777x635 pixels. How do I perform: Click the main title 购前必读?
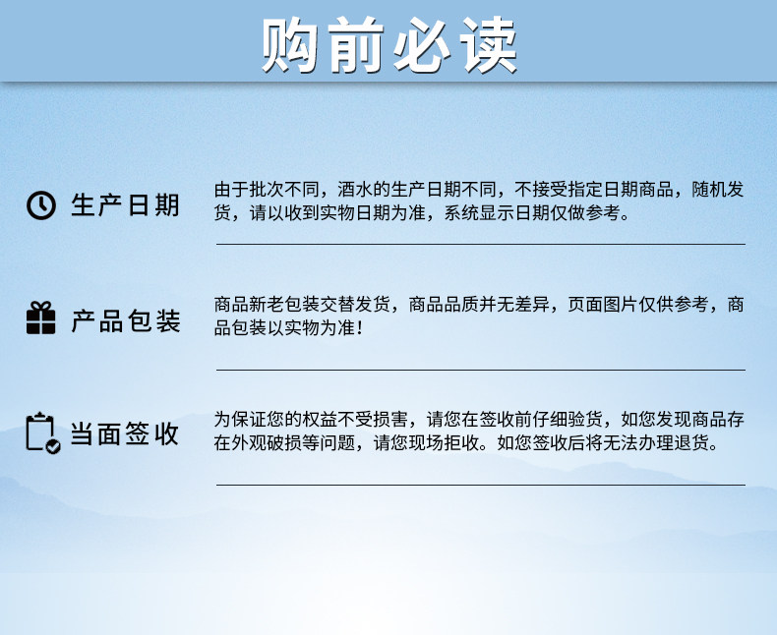coord(389,44)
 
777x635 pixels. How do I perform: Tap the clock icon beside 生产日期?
coord(40,204)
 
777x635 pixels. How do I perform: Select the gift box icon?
coord(40,317)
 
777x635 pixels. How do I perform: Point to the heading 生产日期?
coord(125,205)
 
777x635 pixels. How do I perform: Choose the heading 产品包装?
coord(125,320)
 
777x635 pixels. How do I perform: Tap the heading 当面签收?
coord(124,433)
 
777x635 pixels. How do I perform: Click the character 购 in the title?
coord(289,44)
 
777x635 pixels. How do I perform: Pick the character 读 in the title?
coord(489,44)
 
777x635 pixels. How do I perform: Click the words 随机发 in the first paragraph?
coord(718,190)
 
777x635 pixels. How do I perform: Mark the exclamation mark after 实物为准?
coord(359,328)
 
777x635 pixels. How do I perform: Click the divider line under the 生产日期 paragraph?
coord(481,244)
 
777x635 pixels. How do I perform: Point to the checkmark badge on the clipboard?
coord(53,447)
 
